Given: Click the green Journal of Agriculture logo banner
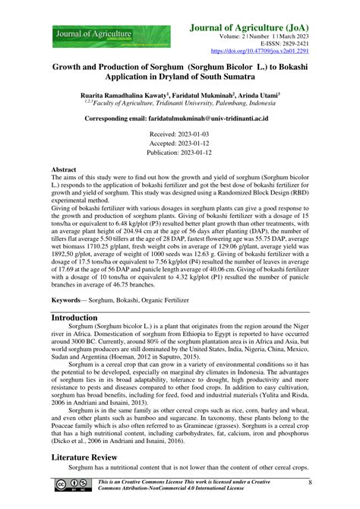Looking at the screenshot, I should point(91,34).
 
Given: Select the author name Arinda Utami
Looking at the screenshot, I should point(254,96).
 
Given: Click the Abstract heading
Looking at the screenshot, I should point(63,170).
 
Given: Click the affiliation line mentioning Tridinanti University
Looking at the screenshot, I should point(180,106).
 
